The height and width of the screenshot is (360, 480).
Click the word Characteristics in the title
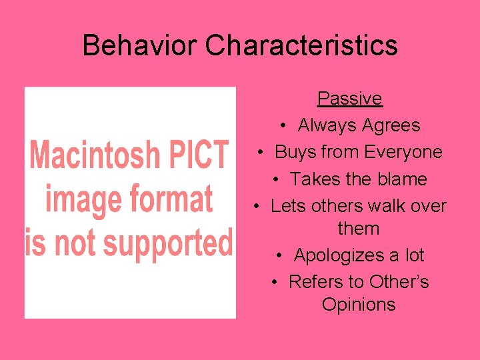click(301, 45)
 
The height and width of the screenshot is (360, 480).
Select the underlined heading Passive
click(349, 99)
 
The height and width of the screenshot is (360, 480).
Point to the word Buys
click(295, 153)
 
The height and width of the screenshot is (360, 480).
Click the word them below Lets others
click(358, 229)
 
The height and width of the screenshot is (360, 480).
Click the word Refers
click(313, 282)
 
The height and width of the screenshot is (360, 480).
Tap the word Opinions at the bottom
click(358, 305)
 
